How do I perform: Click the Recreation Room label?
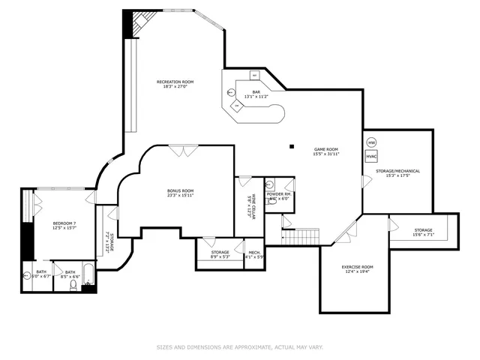175,82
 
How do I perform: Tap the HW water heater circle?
371,142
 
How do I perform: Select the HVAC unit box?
371,157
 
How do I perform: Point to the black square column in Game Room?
292,145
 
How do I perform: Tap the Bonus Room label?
180,190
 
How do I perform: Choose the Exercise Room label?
357,267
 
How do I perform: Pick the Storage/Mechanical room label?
397,171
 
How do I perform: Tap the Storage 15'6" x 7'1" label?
423,230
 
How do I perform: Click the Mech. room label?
254,252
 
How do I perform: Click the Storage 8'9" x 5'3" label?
220,252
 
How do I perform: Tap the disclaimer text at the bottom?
239,347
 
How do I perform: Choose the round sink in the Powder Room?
270,184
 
